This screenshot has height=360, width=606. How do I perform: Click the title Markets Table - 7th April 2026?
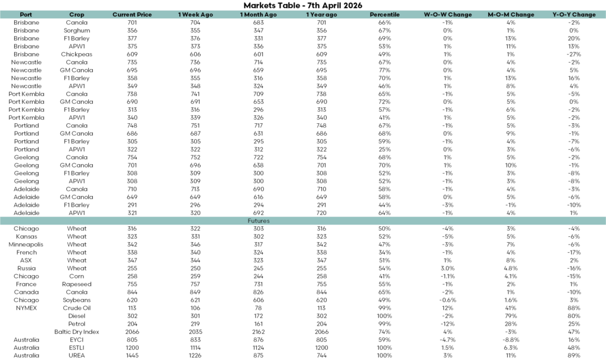pos(302,5)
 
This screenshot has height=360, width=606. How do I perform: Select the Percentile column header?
pos(384,14)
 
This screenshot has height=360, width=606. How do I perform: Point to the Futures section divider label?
pos(259,221)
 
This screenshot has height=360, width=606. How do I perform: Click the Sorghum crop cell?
pos(76,30)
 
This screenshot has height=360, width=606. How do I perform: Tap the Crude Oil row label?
pos(76,308)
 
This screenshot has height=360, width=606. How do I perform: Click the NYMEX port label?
pos(26,308)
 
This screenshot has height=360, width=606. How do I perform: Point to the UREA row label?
pos(76,356)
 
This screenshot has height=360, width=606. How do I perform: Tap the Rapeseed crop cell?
pos(76,284)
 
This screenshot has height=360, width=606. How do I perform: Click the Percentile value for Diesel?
pos(384,316)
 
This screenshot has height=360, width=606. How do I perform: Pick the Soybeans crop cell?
pos(76,300)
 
